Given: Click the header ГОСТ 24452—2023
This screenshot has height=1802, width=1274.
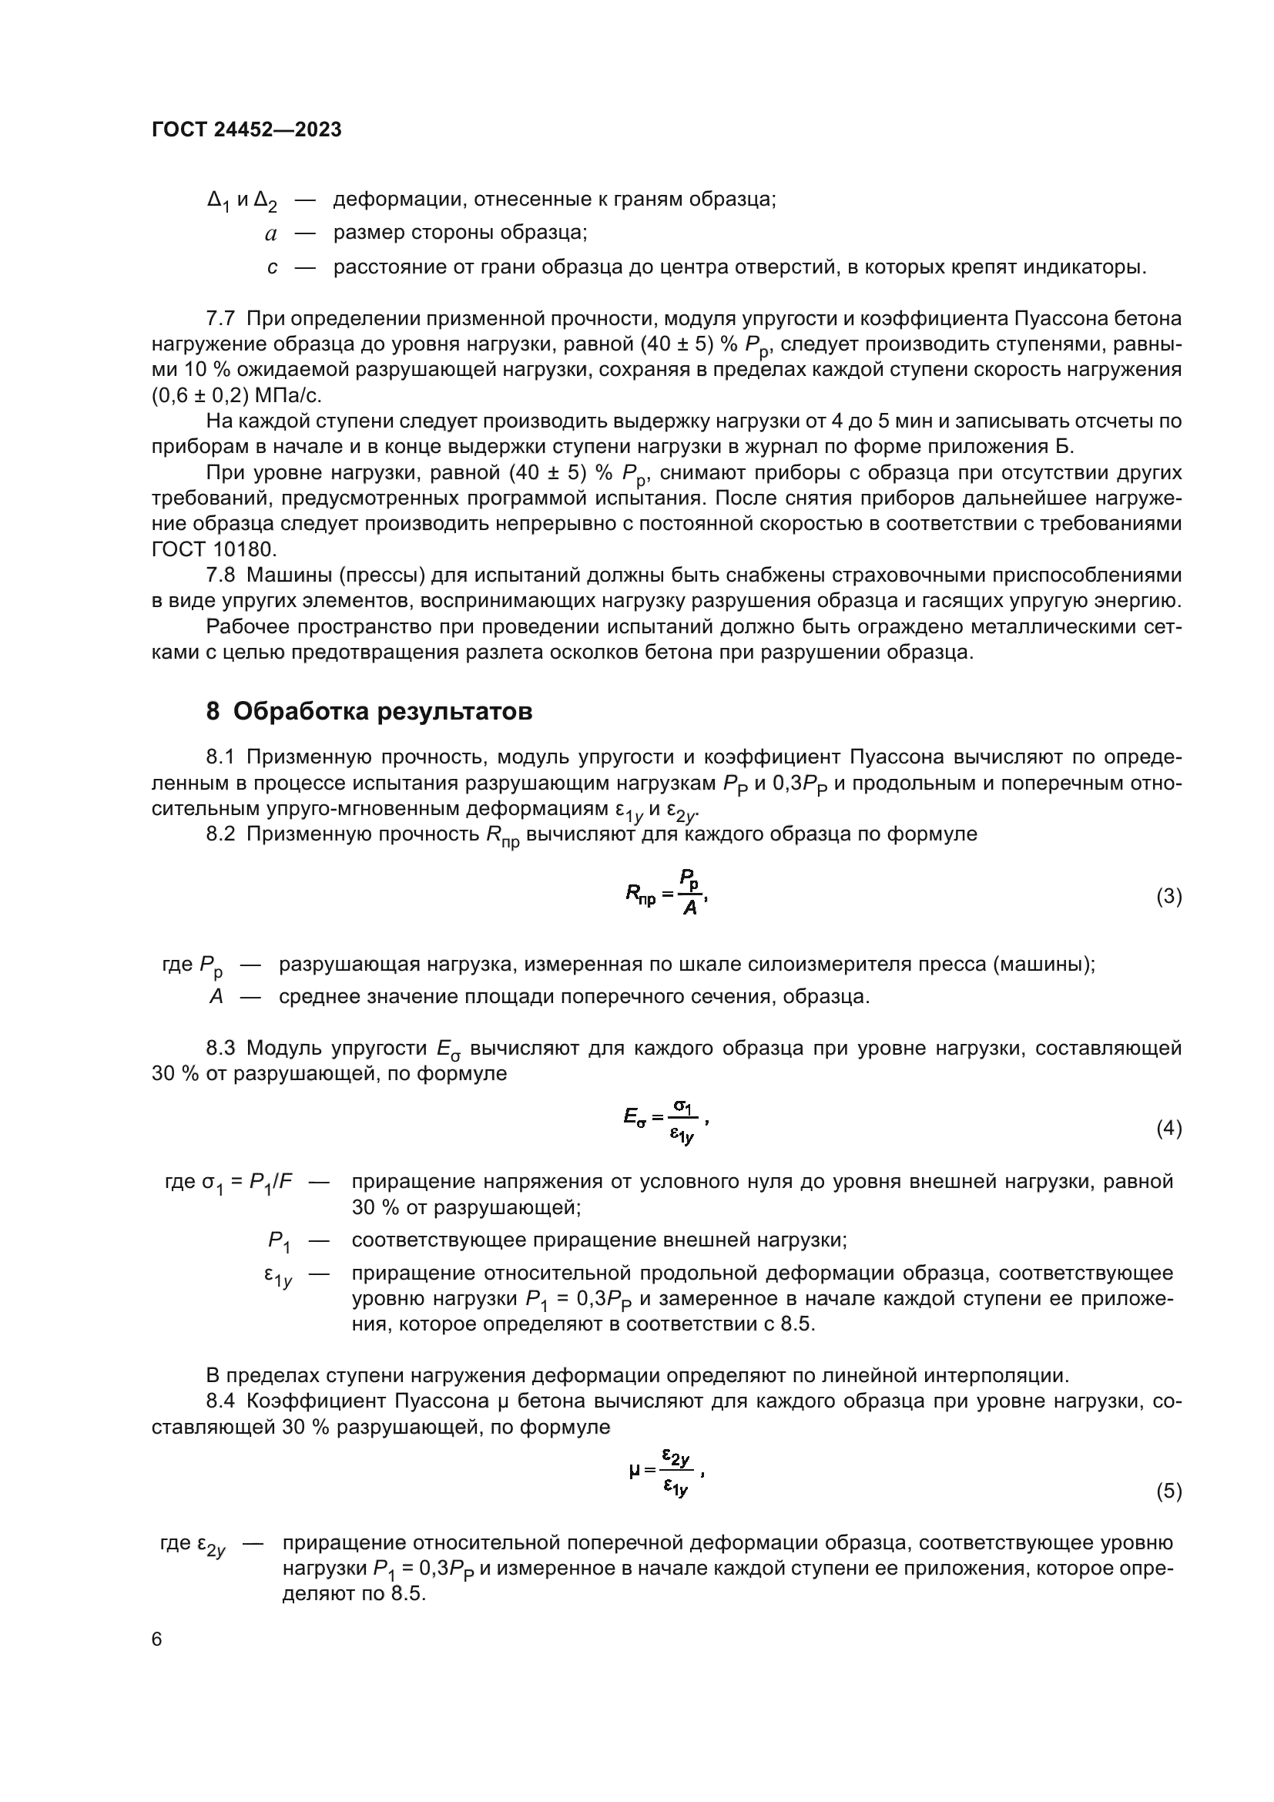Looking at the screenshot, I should tap(246, 130).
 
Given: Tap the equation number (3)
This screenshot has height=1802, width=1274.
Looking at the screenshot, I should tap(1168, 896).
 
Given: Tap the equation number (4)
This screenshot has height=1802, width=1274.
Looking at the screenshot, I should tap(1168, 1129).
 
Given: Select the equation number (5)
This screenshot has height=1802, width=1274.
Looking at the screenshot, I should tap(1168, 1492).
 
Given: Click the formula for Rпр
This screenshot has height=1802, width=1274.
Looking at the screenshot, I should tap(667, 893).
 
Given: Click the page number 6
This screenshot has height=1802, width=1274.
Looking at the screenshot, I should tap(157, 1639).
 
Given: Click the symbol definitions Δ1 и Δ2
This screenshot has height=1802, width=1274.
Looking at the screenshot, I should tap(242, 201).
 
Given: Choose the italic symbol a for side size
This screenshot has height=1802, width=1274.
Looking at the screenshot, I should tap(270, 234).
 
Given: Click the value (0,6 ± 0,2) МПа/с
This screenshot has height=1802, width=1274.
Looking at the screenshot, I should tap(237, 395).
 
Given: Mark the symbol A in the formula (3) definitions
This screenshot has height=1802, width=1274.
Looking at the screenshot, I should tap(216, 997).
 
